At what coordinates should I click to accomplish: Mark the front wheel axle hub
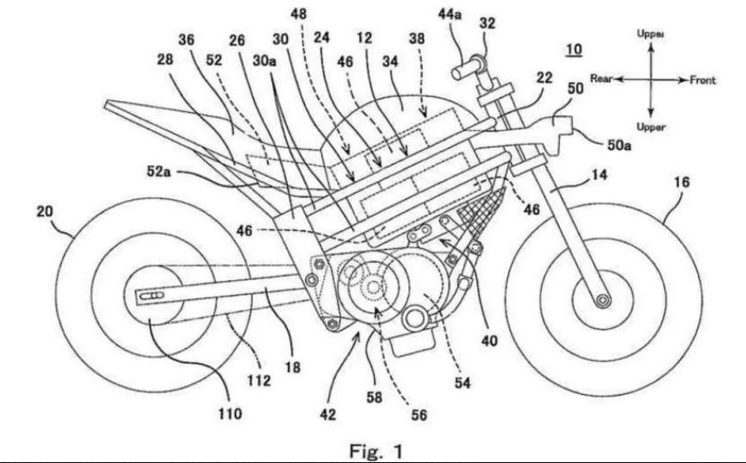[601, 299]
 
